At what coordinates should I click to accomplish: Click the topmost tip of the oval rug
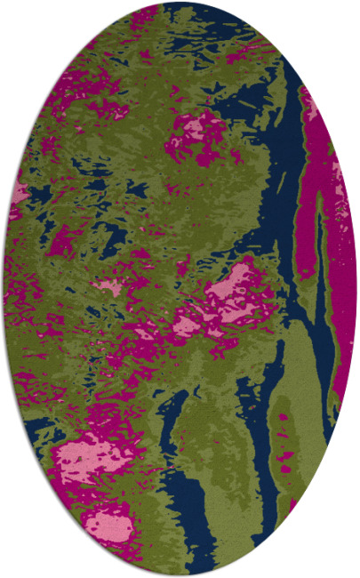click(180, 3)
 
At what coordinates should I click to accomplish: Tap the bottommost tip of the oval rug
click(180, 575)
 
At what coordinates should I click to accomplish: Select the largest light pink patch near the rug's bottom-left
click(89, 457)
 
